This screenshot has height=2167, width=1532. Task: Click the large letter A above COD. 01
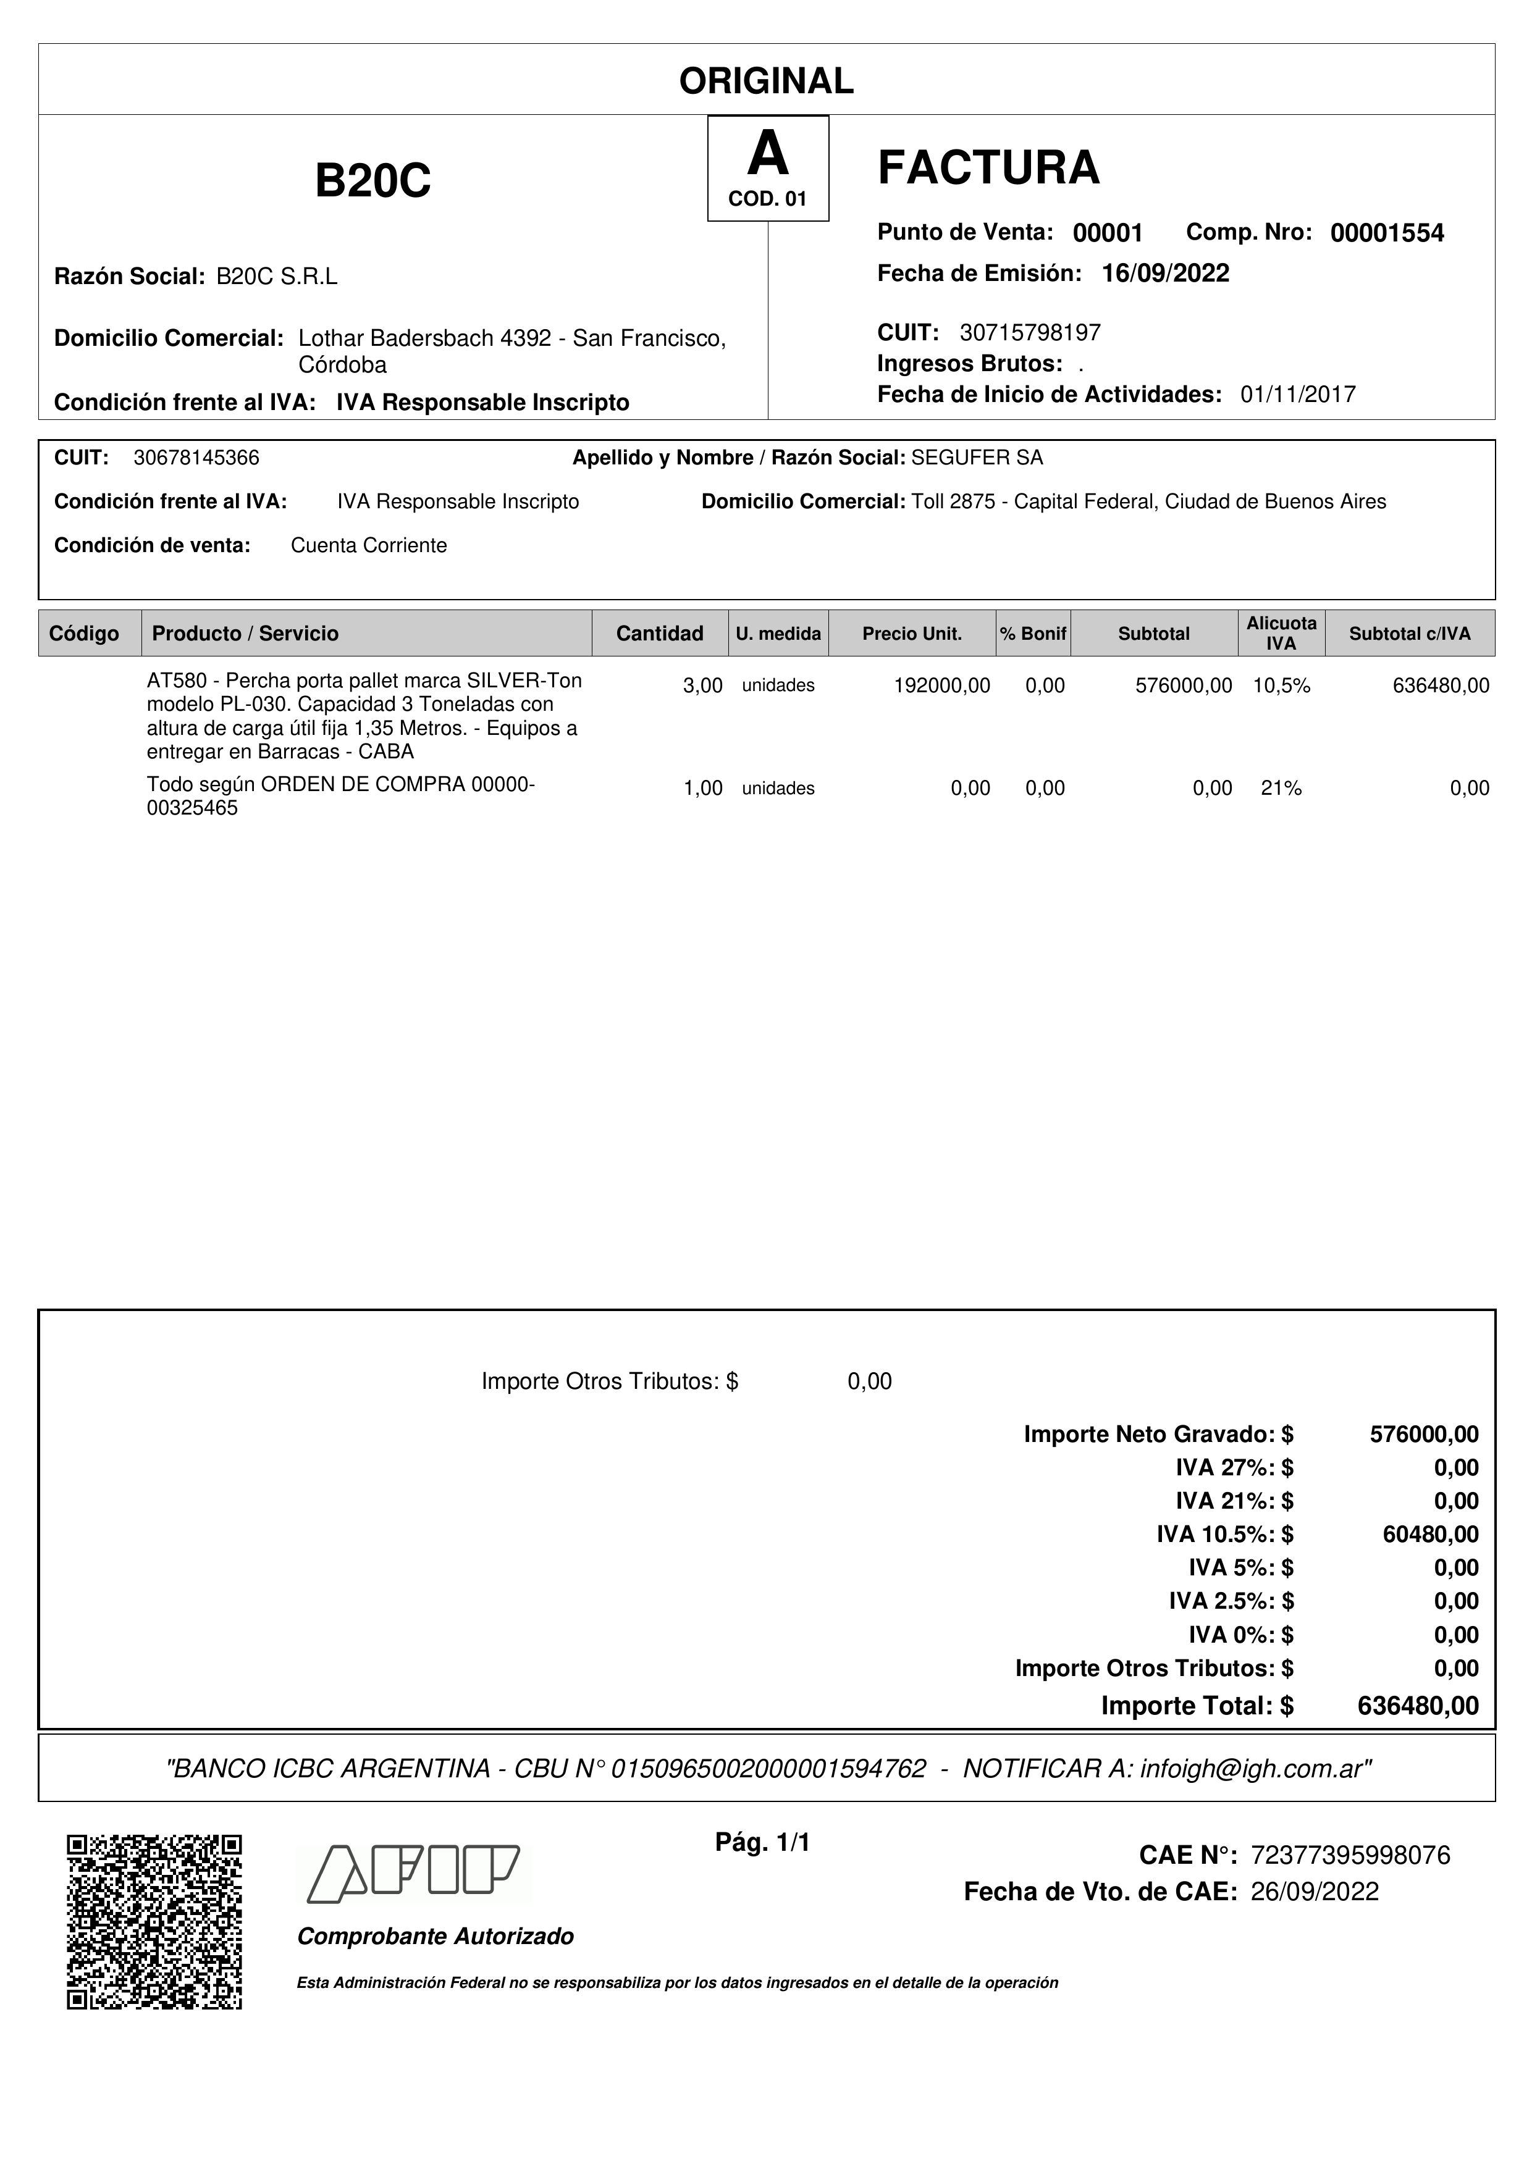tap(767, 154)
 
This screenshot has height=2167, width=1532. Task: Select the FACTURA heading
tap(988, 168)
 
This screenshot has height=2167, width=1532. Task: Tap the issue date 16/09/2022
tap(1165, 274)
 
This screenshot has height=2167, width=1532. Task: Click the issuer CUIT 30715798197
tap(1030, 332)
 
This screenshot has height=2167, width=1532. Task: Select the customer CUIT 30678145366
tap(196, 458)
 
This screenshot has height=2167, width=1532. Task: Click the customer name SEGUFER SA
tap(977, 458)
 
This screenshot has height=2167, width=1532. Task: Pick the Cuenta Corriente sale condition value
tap(368, 545)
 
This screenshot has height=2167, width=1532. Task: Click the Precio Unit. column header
tap(912, 633)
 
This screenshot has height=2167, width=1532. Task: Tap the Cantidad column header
tap(659, 633)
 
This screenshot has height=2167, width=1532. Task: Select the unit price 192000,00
tap(941, 686)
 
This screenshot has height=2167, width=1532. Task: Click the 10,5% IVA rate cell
tap(1281, 686)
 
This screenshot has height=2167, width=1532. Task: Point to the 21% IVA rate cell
tap(1281, 788)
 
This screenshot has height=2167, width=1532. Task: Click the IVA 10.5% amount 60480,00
tap(1430, 1535)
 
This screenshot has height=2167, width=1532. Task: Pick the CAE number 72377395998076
tap(1350, 1856)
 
